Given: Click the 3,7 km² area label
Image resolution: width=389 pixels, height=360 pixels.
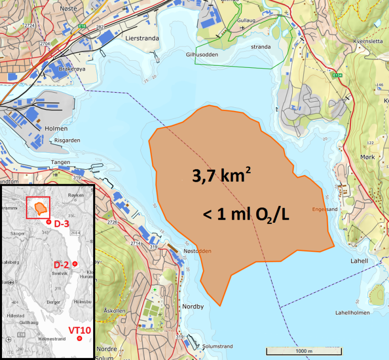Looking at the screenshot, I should [x=222, y=175].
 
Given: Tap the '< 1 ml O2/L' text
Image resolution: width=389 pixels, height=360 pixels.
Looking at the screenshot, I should [x=246, y=214].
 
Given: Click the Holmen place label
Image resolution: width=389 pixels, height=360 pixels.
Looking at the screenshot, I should [x=56, y=129].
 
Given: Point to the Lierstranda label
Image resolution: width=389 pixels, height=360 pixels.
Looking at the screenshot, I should [x=142, y=38].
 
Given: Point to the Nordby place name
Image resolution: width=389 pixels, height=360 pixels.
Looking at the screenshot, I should [x=193, y=306].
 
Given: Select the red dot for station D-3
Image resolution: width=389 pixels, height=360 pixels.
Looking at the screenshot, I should [x=48, y=222].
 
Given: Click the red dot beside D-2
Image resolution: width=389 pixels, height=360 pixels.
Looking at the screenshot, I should [x=74, y=264].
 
